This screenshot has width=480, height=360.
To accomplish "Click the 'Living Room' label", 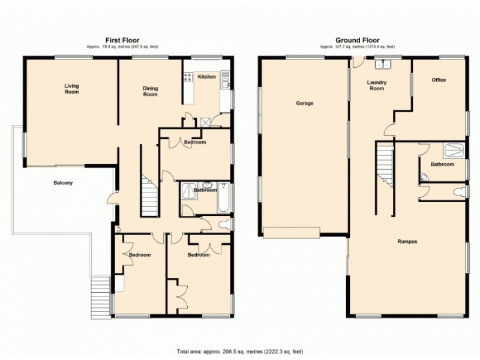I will (x=72, y=89).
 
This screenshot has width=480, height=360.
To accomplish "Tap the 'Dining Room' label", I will (x=150, y=91).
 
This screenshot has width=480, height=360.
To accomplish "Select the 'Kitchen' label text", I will (x=207, y=77).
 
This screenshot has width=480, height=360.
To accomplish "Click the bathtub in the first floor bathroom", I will (x=223, y=199).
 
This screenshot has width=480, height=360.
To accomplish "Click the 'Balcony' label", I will (x=63, y=183).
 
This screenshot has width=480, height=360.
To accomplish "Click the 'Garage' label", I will (x=304, y=103).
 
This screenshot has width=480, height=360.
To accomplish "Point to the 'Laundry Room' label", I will (x=377, y=85).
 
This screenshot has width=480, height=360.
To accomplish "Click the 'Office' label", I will (x=439, y=80).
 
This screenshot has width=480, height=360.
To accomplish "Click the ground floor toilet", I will (x=460, y=192).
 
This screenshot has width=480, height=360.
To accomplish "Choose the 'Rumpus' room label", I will (x=407, y=242).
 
